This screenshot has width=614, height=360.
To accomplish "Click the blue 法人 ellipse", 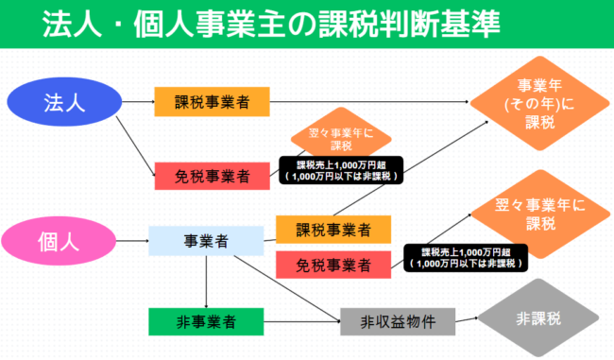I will point(64,102).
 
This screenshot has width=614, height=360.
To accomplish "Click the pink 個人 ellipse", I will point(64,240).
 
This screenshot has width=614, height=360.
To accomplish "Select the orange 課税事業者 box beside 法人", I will point(213,102).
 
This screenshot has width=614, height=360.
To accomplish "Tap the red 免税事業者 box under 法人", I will point(213,175).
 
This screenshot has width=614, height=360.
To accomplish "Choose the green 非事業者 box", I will point(205,321).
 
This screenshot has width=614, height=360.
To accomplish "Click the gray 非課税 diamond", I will point(537,320).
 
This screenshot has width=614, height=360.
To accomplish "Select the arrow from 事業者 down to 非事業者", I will point(207,283).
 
